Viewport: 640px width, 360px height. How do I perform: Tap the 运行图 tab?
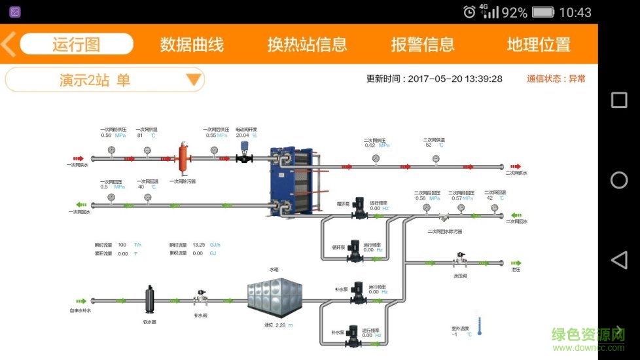pos(77,44)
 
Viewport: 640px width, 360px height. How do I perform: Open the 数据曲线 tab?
pos(192,44)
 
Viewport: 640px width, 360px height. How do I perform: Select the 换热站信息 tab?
pos(307,44)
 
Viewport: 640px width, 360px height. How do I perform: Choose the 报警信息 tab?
pos(422,44)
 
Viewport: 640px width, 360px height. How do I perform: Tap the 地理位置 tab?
pos(539,44)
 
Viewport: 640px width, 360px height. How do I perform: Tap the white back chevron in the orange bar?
pos(9,44)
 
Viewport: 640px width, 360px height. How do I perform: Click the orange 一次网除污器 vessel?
pos(184,157)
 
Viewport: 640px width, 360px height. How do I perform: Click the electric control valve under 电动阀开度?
pos(244,154)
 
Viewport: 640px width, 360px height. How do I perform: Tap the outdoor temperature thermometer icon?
pos(480,326)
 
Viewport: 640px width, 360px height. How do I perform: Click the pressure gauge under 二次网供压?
pos(376,158)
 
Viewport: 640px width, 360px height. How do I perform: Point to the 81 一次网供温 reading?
pos(140,135)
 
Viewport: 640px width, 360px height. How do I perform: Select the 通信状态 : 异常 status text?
pos(556,79)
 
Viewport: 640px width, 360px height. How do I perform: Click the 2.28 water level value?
pos(281,325)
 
